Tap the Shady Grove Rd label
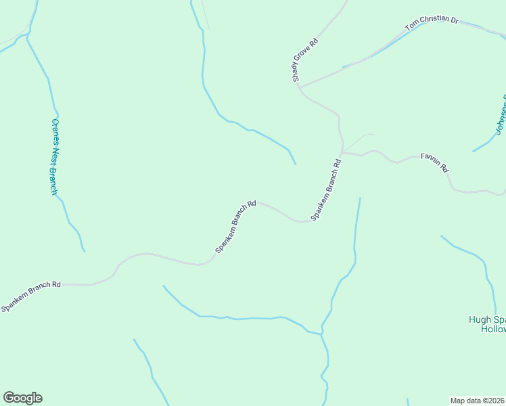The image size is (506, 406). tap(305, 60)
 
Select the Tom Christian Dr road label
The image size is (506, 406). tap(432, 24)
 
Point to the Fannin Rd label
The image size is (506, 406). tap(435, 163)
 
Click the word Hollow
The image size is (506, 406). tap(492, 329)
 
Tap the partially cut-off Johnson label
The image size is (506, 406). tap(499, 115)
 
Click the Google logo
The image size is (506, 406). tap(22, 398)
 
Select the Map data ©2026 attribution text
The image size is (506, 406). tap(478, 400)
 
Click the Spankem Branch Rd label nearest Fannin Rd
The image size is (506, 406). tap(325, 189)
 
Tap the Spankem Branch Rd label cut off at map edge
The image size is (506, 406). tap(31, 295)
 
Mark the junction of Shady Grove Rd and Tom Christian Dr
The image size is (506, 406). tap(299, 87)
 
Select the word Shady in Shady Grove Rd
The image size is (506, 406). tap(297, 74)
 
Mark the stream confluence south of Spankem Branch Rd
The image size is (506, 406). tap(321, 332)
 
